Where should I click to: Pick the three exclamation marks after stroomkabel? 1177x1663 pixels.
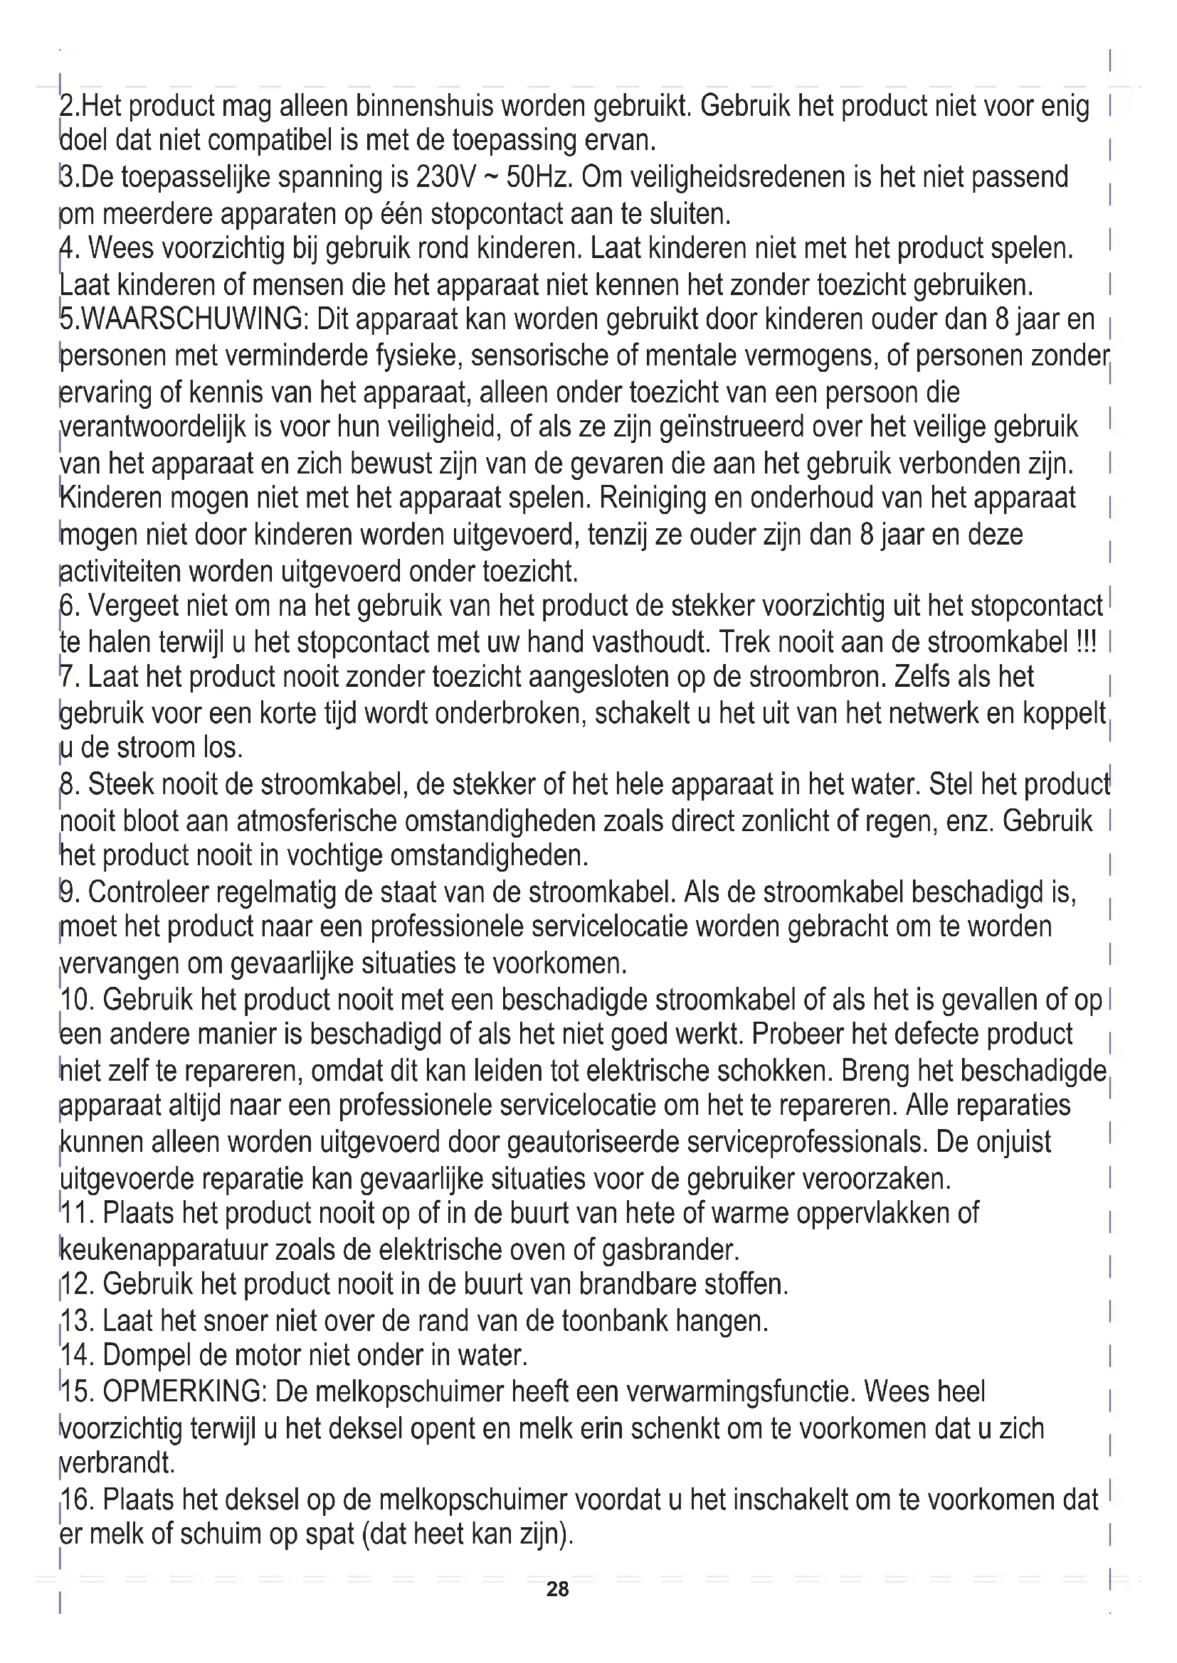1087,643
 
